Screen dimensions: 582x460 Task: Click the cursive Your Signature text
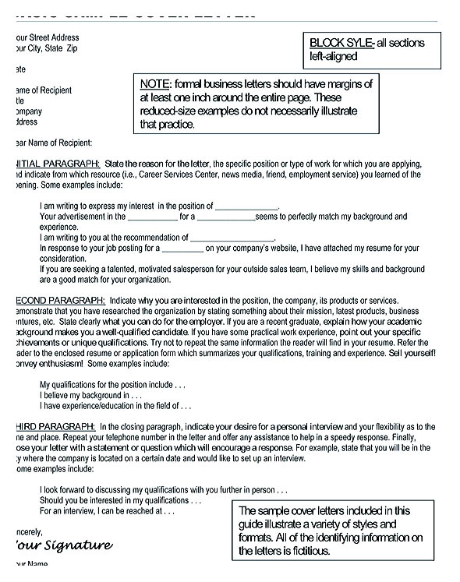click(63, 545)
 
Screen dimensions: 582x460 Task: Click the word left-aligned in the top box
click(335, 56)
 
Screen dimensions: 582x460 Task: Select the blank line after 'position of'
click(246, 206)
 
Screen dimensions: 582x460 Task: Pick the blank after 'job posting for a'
click(182, 249)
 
